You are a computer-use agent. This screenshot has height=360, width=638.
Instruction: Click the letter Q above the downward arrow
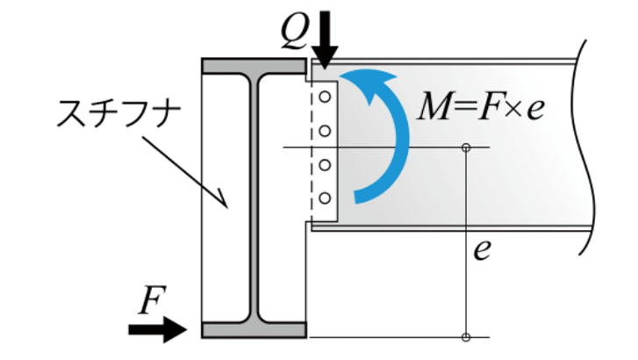pyautogui.click(x=293, y=31)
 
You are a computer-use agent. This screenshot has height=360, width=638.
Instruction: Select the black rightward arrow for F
pyautogui.click(x=158, y=330)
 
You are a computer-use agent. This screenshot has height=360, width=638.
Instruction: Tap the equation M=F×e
pyautogui.click(x=479, y=107)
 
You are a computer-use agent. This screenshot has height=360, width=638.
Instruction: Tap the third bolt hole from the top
pyautogui.click(x=324, y=164)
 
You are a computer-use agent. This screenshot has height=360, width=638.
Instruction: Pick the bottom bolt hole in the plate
pyautogui.click(x=324, y=198)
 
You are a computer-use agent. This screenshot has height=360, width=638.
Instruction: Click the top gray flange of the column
pyautogui.click(x=254, y=66)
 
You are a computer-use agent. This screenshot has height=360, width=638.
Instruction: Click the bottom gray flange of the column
pyautogui.click(x=254, y=330)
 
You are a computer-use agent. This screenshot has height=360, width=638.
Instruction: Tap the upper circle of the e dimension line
pyautogui.click(x=466, y=147)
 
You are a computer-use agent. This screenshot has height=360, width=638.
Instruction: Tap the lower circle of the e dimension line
pyautogui.click(x=466, y=337)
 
